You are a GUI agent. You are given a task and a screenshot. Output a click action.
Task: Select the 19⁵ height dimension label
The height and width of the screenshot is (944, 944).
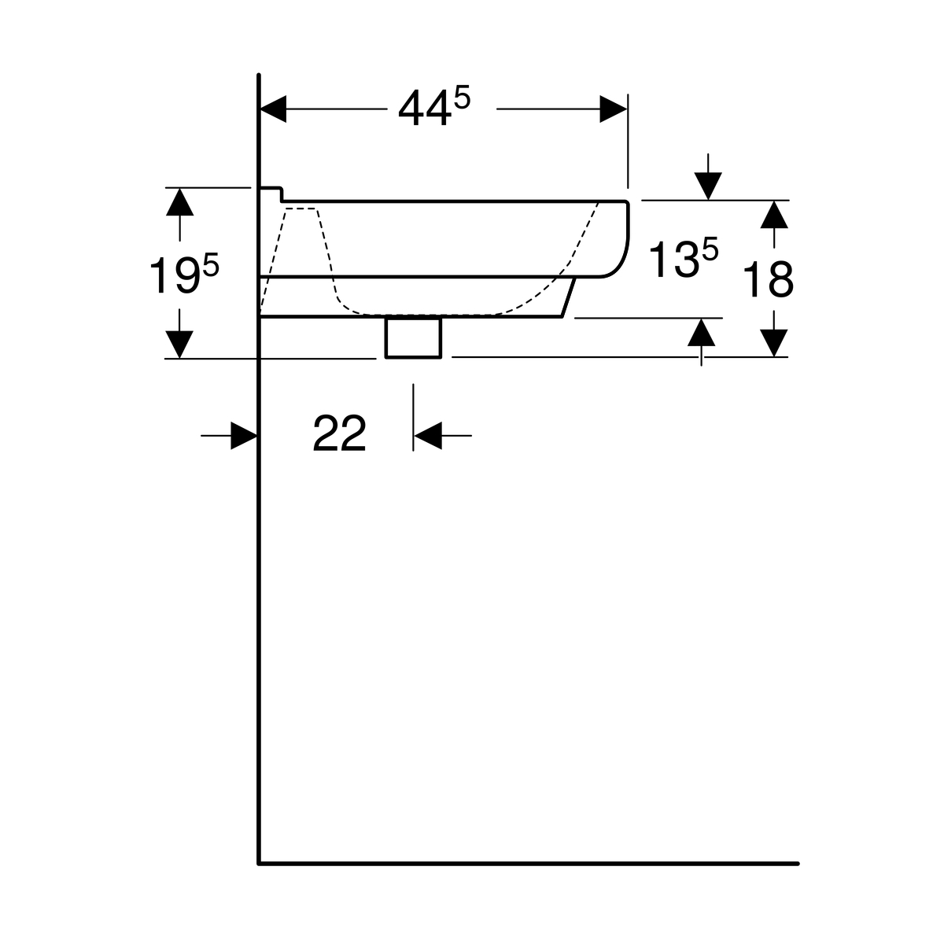click(x=184, y=275)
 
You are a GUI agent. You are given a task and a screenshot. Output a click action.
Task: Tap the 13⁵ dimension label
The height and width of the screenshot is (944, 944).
click(x=684, y=257)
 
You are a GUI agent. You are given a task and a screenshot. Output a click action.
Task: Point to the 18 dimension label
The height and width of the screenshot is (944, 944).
click(x=768, y=280)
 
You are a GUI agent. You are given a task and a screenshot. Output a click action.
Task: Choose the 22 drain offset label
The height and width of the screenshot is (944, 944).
click(x=340, y=433)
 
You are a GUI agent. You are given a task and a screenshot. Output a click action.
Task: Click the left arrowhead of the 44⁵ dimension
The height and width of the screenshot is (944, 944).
click(x=273, y=109)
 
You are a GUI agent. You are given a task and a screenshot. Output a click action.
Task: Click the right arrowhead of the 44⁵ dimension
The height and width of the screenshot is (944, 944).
click(x=614, y=109)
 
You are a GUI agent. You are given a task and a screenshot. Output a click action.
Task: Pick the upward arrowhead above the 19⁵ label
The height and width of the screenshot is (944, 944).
click(x=179, y=202)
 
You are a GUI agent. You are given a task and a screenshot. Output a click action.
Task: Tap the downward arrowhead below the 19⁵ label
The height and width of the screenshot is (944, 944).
click(x=179, y=345)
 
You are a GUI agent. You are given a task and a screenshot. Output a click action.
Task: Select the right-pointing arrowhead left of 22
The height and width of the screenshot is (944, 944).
click(x=244, y=436)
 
